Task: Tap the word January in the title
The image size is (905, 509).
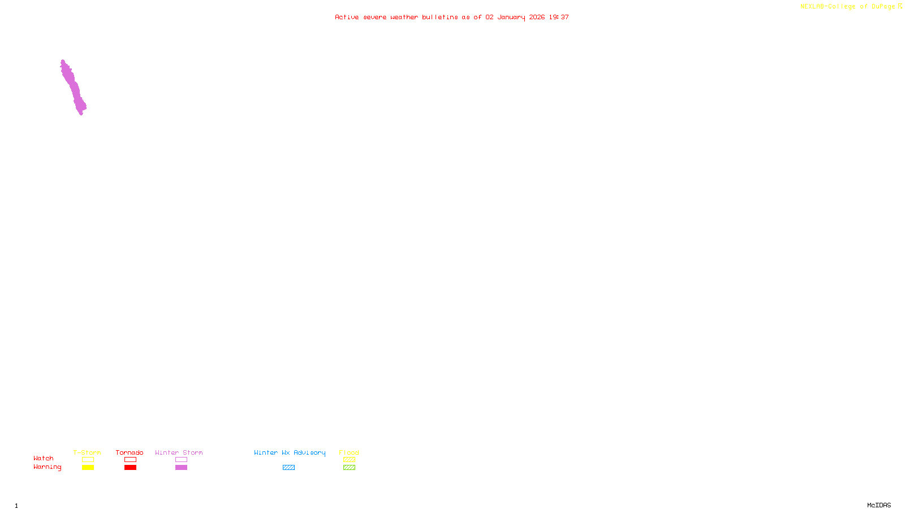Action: [511, 18]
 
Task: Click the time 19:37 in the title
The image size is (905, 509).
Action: [558, 18]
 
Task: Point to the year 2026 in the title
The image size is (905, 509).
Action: [537, 18]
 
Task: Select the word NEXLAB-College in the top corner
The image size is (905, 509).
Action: [828, 7]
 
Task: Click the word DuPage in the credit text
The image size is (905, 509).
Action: [883, 7]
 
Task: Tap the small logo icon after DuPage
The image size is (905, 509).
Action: [900, 6]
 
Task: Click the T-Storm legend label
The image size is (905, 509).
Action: [87, 452]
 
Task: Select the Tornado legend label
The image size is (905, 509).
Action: [130, 452]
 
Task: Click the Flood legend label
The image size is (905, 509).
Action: [349, 452]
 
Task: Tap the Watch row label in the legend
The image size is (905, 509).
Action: [44, 459]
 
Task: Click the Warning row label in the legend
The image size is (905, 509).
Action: [48, 467]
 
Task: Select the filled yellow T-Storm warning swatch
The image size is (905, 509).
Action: [88, 468]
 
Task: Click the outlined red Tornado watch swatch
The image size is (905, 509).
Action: [130, 460]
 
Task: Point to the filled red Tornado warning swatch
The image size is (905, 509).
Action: [130, 468]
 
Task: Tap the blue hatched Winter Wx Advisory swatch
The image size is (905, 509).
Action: [288, 468]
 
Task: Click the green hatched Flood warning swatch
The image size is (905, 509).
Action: [349, 468]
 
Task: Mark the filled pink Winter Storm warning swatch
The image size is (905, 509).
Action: [181, 468]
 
